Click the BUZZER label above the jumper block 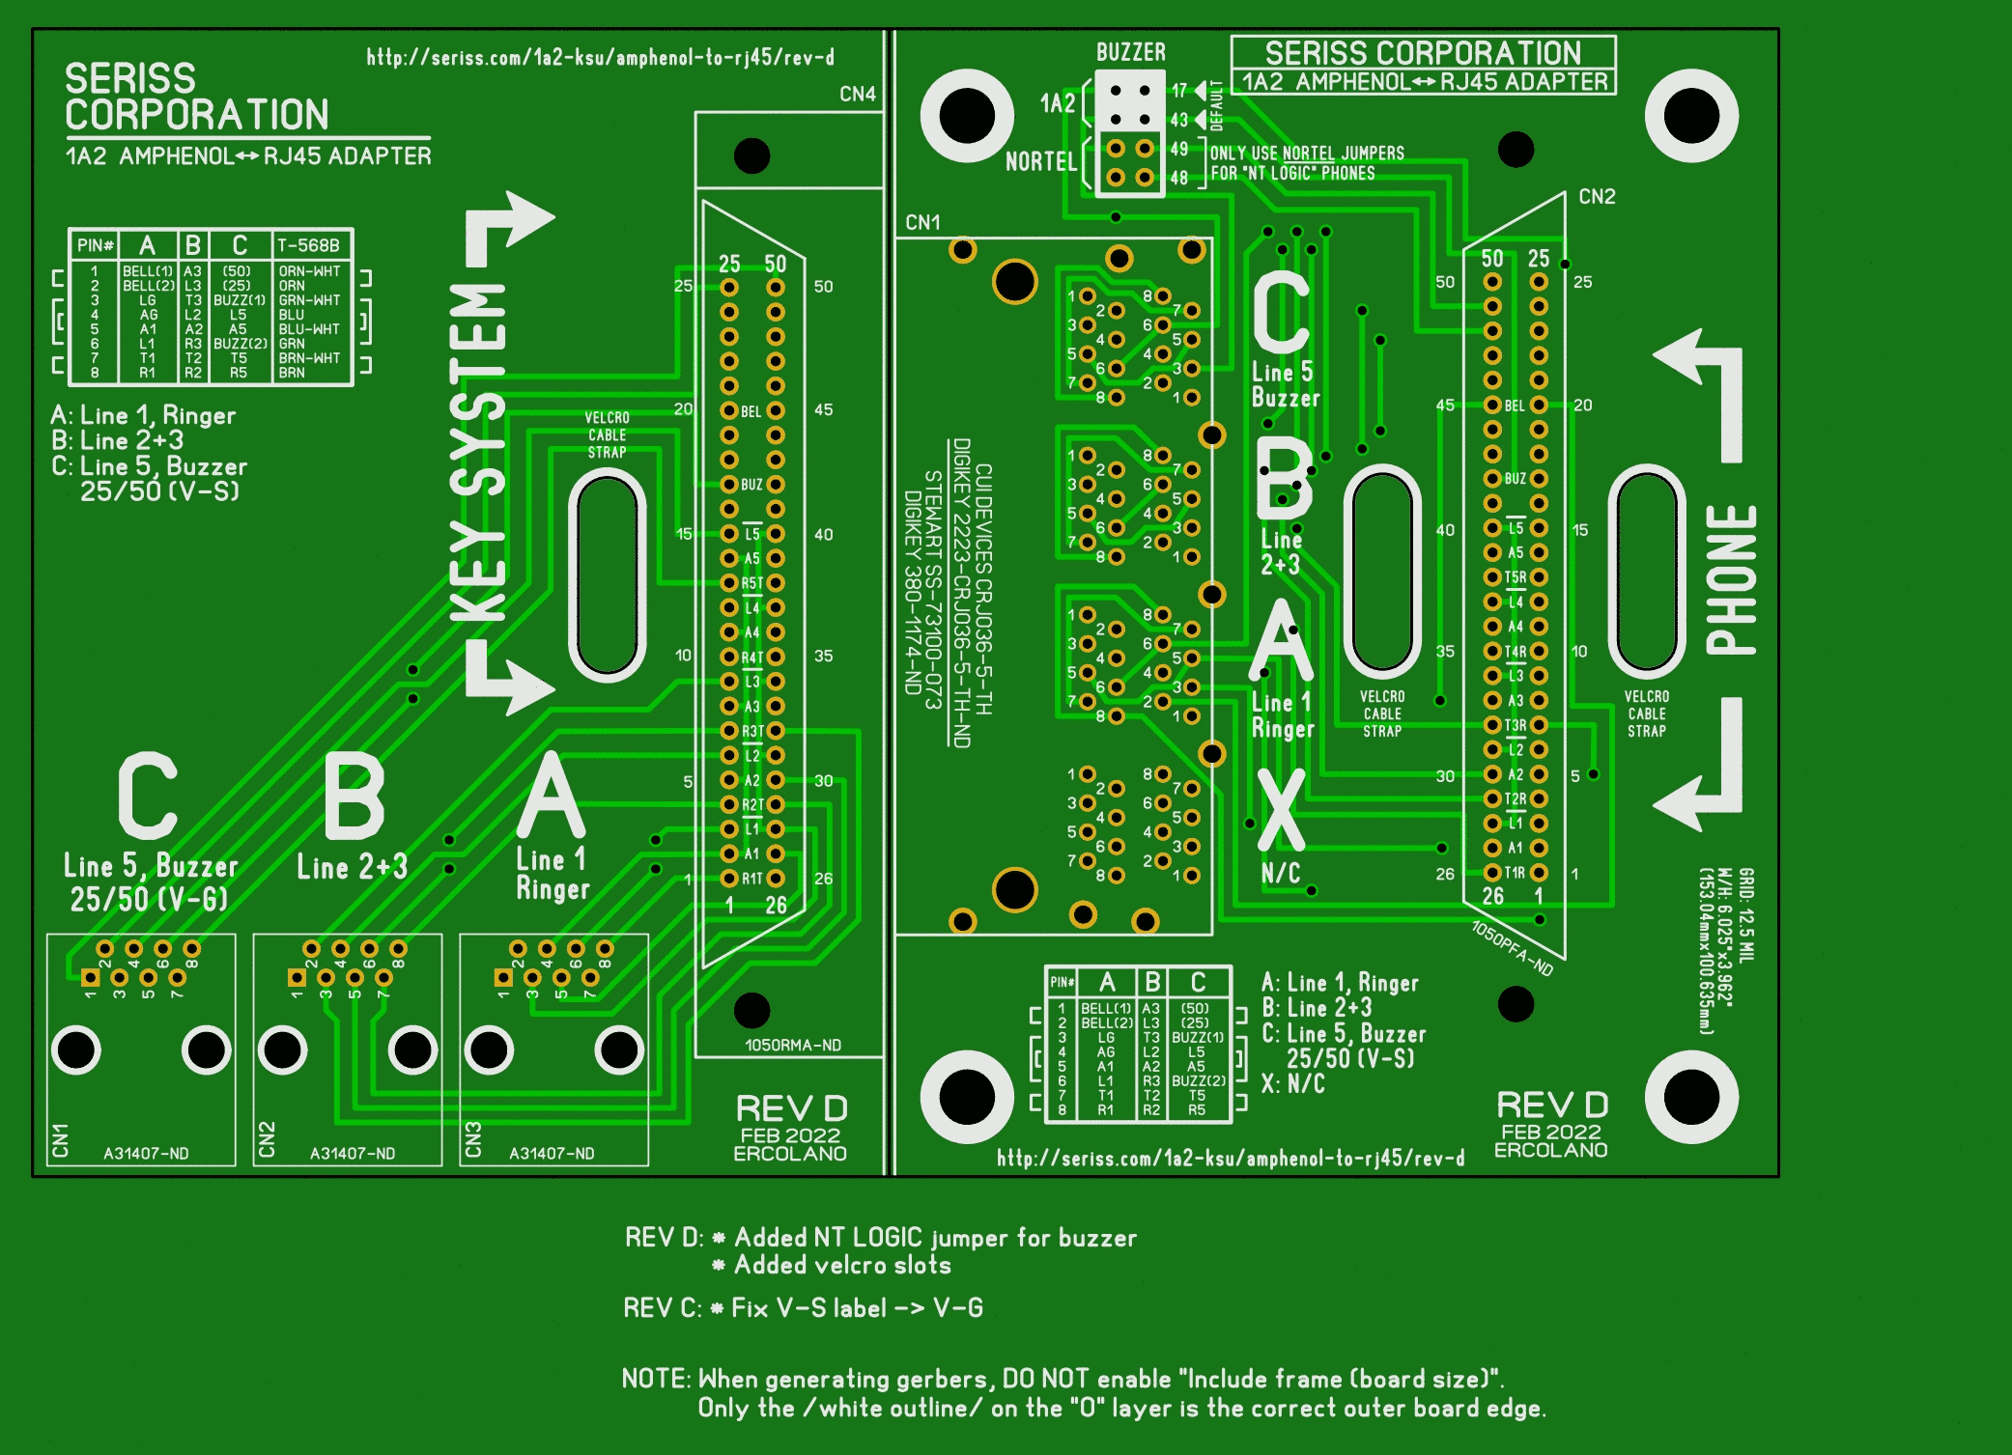[x=1130, y=52]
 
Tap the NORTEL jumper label [x=1040, y=161]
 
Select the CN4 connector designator [x=857, y=94]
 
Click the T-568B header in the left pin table [x=308, y=245]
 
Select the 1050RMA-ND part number [x=792, y=1045]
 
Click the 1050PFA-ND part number [x=1512, y=948]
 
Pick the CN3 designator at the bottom [x=473, y=1139]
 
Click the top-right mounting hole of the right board [x=1691, y=116]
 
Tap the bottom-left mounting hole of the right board [x=967, y=1097]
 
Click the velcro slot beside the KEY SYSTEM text [x=608, y=574]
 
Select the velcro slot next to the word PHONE [x=1647, y=570]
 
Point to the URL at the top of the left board [x=600, y=58]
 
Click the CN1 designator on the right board [x=922, y=222]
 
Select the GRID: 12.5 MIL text [x=1746, y=913]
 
